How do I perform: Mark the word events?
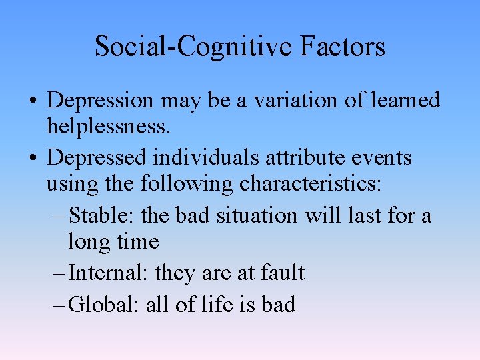click(x=387, y=158)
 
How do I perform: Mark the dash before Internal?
click(x=59, y=273)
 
